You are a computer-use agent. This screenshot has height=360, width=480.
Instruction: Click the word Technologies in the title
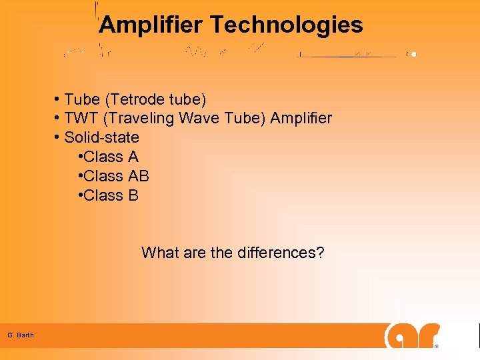[287, 25]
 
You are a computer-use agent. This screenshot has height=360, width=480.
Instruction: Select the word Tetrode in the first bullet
[134, 100]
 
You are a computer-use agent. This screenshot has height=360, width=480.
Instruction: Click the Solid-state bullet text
[101, 138]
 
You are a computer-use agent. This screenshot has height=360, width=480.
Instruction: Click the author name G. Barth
[21, 335]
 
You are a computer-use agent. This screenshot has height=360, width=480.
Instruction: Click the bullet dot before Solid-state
[58, 138]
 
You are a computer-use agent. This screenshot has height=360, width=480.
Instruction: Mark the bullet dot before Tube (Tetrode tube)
[58, 100]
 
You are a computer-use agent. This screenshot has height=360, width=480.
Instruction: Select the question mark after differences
[320, 253]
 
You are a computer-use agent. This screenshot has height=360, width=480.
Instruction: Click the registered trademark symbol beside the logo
[437, 347]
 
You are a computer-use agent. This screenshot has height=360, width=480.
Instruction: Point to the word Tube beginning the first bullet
[81, 100]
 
